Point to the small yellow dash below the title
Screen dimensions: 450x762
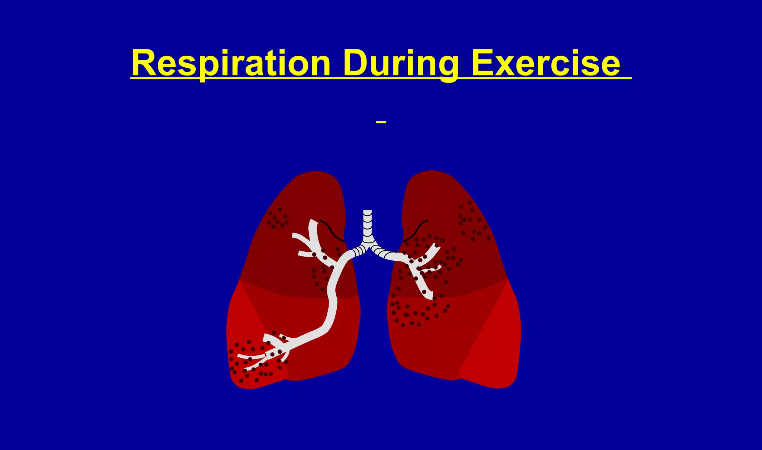point(381,122)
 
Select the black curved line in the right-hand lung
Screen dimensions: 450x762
point(415,231)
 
